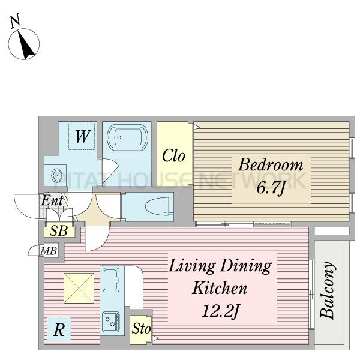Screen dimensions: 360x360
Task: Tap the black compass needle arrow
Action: [x=26, y=46]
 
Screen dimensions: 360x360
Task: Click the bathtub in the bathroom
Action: [x=127, y=137]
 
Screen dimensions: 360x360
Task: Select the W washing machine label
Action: [x=82, y=136]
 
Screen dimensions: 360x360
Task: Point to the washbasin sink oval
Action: [x=57, y=175]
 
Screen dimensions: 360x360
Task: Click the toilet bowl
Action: [x=158, y=207]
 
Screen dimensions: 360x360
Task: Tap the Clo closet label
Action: [x=173, y=156]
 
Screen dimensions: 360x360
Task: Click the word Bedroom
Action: [x=271, y=164]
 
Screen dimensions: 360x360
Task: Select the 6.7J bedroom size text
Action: [x=271, y=188]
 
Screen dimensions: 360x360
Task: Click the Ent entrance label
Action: [x=52, y=200]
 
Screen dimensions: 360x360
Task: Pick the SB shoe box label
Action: [x=59, y=230]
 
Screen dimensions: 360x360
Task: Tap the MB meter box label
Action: [x=49, y=251]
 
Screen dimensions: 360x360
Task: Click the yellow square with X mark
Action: [x=79, y=288]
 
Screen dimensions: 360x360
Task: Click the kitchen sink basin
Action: [x=110, y=280]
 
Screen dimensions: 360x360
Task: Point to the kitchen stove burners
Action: [x=110, y=322]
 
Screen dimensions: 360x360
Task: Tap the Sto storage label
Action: [x=141, y=328]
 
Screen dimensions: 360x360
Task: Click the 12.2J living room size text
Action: [x=220, y=311]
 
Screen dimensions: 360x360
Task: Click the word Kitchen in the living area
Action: [x=220, y=288]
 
